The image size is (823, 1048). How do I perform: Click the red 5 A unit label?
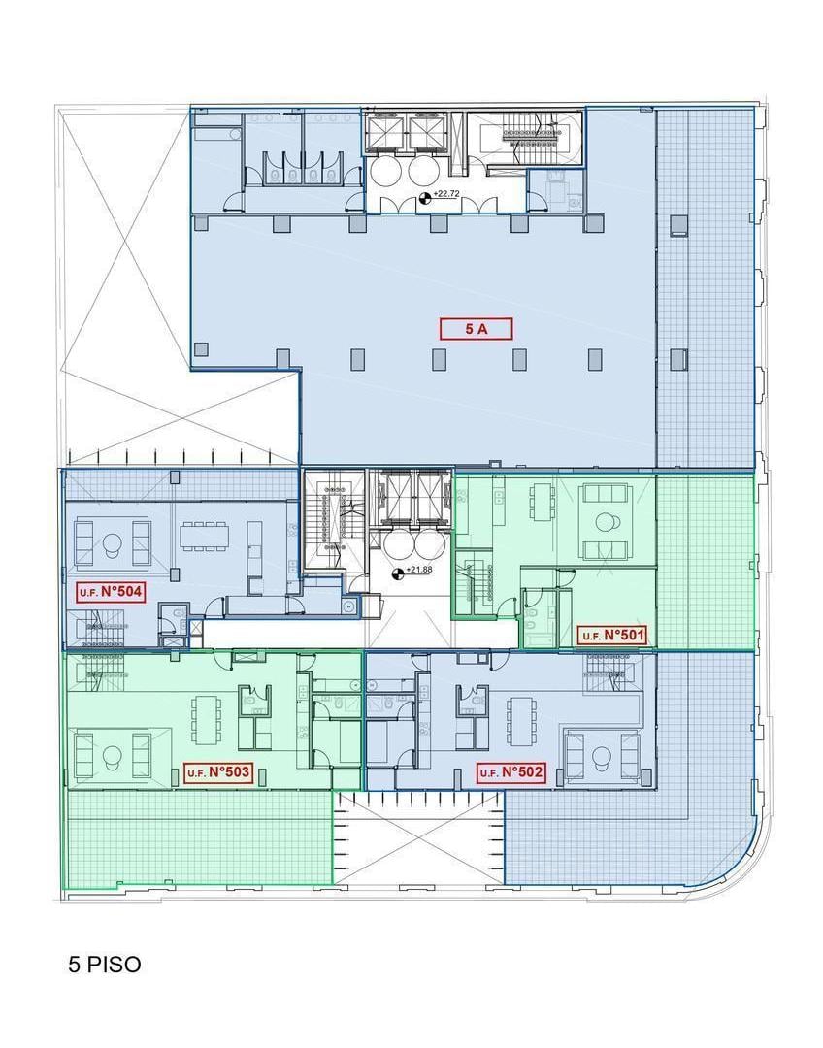[x=476, y=328]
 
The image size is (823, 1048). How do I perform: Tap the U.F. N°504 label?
[x=111, y=592]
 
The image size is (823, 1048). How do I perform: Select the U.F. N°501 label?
[x=612, y=635]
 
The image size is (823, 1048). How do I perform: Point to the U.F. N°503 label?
[x=218, y=772]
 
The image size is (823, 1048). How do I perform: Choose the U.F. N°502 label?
[x=510, y=772]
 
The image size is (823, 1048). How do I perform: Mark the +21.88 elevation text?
[x=420, y=570]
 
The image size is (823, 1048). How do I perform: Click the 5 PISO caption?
[x=105, y=965]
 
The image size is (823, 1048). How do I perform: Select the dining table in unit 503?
[x=205, y=720]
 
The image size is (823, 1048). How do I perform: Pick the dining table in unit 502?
[x=521, y=720]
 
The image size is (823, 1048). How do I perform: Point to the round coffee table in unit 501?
[x=606, y=521]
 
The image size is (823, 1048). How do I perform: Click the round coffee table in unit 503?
[x=112, y=755]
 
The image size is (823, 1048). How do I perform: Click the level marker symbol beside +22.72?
[x=424, y=196]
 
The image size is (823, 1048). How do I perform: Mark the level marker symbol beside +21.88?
[x=399, y=573]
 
